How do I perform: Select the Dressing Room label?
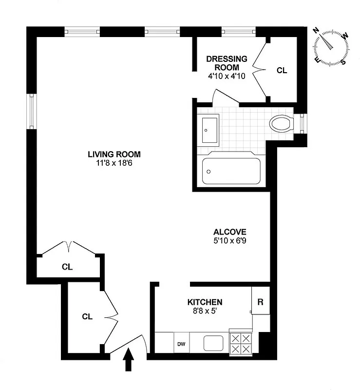pyautogui.click(x=227, y=63)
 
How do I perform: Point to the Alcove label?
pyautogui.click(x=230, y=232)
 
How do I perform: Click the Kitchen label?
pyautogui.click(x=205, y=302)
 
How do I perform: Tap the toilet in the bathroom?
pyautogui.click(x=281, y=123)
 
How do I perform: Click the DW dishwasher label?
pyautogui.click(x=181, y=343)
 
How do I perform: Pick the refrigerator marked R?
pyautogui.click(x=260, y=302)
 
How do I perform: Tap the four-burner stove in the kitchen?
pyautogui.click(x=241, y=343)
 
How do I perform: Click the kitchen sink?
pyautogui.click(x=213, y=343)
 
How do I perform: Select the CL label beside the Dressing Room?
pyautogui.click(x=282, y=70)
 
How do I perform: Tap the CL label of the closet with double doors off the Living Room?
pyautogui.click(x=67, y=267)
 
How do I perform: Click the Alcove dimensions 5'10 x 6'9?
pyautogui.click(x=230, y=240)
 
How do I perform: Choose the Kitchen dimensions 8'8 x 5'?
pyautogui.click(x=205, y=311)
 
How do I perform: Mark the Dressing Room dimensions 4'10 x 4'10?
pyautogui.click(x=227, y=76)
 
